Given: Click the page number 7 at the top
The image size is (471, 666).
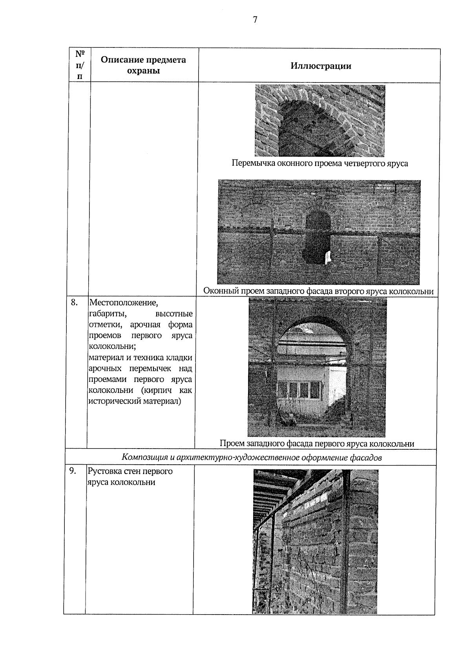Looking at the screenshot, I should pyautogui.click(x=255, y=20).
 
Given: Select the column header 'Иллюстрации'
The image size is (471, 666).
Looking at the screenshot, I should pyautogui.click(x=321, y=66).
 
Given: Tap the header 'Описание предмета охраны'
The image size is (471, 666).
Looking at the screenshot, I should pyautogui.click(x=143, y=65).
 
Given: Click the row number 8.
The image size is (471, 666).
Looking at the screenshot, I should pyautogui.click(x=74, y=302).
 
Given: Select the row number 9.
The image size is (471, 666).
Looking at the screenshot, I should pyautogui.click(x=72, y=471).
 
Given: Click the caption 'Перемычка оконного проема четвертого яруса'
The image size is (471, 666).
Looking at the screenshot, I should pyautogui.click(x=319, y=164).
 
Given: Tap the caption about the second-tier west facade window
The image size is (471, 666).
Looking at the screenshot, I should pyautogui.click(x=318, y=292).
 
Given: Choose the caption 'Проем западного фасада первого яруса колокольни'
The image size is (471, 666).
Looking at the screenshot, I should pyautogui.click(x=317, y=444).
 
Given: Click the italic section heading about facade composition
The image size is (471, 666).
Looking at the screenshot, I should pyautogui.click(x=251, y=457).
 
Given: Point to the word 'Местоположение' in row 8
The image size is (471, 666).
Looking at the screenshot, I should pyautogui.click(x=124, y=303).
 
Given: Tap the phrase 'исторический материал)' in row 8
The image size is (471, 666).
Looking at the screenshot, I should pyautogui.click(x=135, y=401).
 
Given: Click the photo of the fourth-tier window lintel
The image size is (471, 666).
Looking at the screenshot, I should pyautogui.click(x=319, y=120).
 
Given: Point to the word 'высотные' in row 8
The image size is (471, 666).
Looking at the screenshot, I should pyautogui.click(x=174, y=314).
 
